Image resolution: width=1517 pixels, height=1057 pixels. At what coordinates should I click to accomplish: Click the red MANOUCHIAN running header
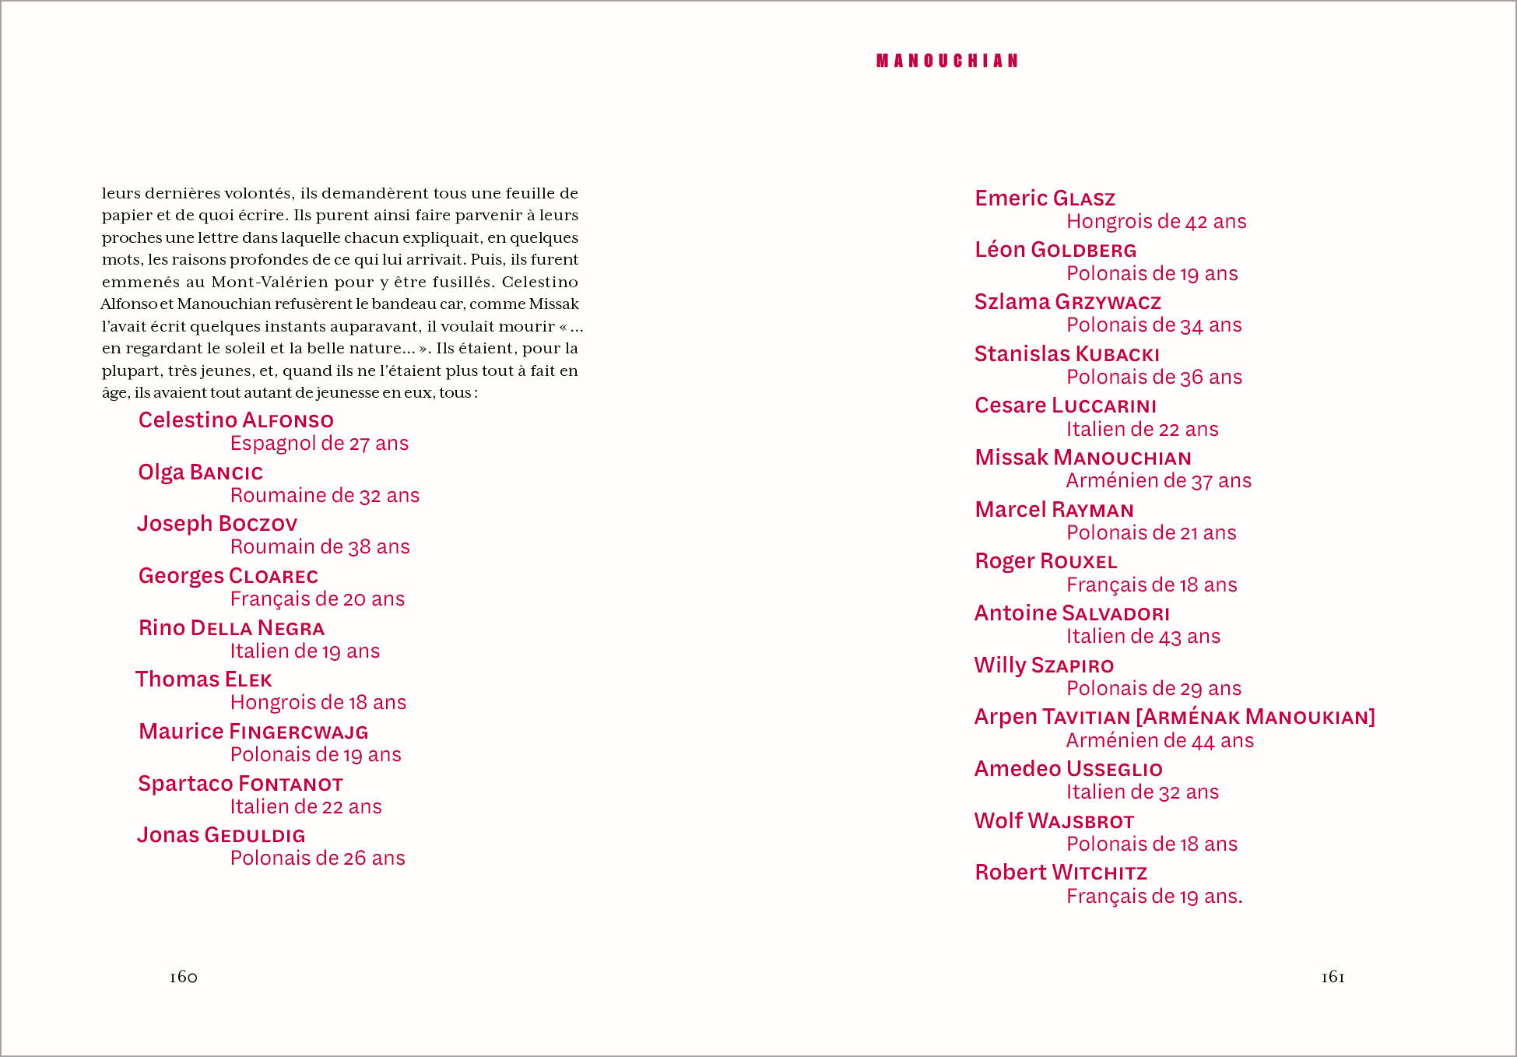[x=947, y=61]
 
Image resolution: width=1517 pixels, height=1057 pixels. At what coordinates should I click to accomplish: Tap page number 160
[x=184, y=977]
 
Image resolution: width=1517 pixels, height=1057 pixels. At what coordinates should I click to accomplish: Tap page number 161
[x=1333, y=977]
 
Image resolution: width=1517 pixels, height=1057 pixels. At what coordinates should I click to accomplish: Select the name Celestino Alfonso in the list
[x=236, y=420]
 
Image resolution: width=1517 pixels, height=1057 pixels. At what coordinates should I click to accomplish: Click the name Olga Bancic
[x=200, y=472]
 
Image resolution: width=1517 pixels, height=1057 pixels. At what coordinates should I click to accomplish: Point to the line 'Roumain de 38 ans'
[x=320, y=546]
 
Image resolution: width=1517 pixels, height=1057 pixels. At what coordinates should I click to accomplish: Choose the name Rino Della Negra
[x=231, y=628]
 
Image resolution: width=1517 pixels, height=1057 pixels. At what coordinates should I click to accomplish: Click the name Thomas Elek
[x=204, y=679]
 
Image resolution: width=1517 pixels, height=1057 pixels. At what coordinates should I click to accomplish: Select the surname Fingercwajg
[x=299, y=732]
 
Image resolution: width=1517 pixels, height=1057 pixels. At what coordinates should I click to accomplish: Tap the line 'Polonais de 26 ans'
[x=318, y=858]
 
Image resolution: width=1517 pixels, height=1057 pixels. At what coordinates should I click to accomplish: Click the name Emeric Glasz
[x=1045, y=198]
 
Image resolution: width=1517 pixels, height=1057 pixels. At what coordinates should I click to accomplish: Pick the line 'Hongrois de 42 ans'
[x=1156, y=222]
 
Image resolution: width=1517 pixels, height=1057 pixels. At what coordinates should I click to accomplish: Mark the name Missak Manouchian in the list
[x=1083, y=458]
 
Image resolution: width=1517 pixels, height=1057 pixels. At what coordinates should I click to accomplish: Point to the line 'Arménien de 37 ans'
[x=1158, y=481]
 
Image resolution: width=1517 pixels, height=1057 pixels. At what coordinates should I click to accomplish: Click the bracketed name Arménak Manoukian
[x=1255, y=717]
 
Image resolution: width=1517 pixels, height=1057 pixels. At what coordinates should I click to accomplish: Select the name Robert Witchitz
[x=1061, y=873]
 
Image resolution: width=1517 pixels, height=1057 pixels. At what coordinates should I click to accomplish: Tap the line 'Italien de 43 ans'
[x=1143, y=637]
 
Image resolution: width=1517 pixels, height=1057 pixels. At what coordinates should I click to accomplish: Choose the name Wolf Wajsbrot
[x=1054, y=821]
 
